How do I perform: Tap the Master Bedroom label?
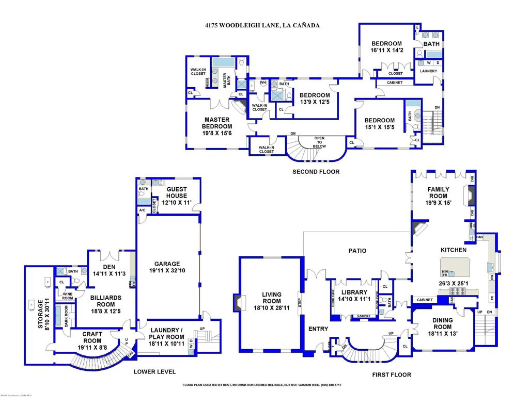click(x=217, y=122)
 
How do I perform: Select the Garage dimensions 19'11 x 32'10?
click(x=168, y=270)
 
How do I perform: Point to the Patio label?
click(x=357, y=251)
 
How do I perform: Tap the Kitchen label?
click(x=453, y=250)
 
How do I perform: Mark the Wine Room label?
click(x=68, y=296)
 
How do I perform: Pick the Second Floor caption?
click(x=316, y=172)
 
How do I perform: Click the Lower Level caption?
click(x=154, y=371)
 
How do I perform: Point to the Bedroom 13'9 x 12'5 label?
click(x=314, y=95)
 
